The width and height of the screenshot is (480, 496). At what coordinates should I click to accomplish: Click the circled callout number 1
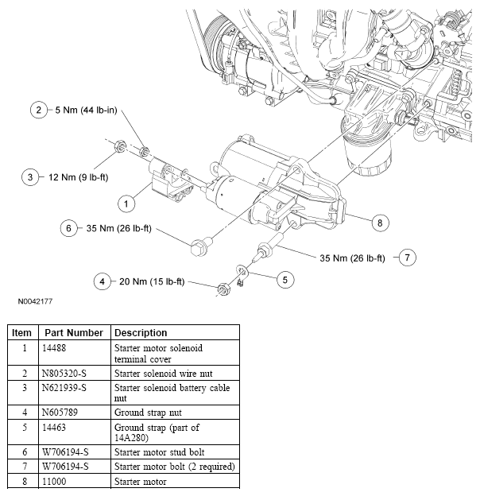pos(125,203)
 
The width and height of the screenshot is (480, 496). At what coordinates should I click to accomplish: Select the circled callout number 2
pos(37,110)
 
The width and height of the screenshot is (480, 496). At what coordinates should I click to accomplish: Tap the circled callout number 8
pos(379,223)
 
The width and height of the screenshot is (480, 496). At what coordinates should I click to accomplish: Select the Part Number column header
pos(73,332)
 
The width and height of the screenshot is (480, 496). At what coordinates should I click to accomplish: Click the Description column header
pos(141,332)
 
